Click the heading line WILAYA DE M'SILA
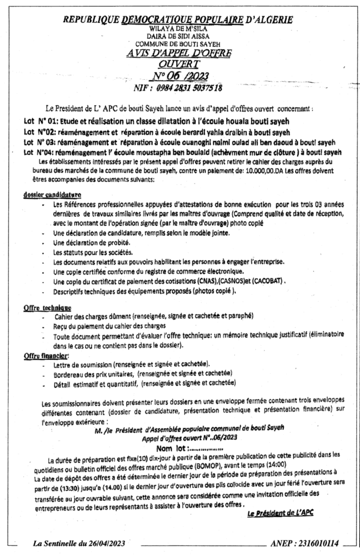pos(178,28)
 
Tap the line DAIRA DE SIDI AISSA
pos(178,35)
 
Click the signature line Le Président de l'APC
pos(280,512)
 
